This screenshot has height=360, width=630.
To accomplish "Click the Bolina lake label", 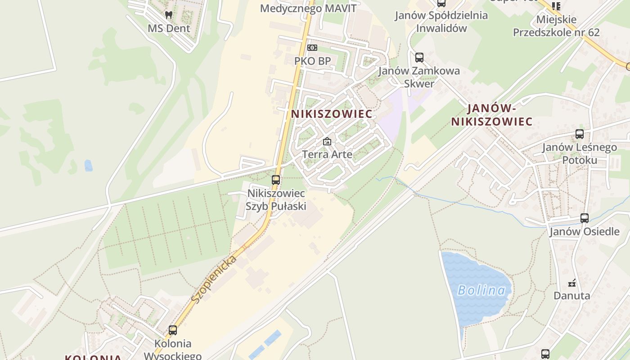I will click(481, 290).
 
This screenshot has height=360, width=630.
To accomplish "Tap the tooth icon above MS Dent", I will click(169, 15).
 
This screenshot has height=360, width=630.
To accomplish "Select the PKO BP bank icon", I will click(312, 48).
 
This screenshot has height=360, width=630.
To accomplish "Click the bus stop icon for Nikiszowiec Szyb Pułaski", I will click(276, 180).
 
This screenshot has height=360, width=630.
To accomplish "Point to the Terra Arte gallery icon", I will click(327, 142).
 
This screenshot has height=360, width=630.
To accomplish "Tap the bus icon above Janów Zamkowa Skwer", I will click(419, 58).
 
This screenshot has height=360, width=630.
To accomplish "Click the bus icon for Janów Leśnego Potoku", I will click(580, 134).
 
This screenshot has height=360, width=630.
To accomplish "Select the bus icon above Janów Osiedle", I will click(585, 218).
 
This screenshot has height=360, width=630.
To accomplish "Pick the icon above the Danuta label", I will click(572, 283).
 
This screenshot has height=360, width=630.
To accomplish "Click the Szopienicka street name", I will click(214, 279).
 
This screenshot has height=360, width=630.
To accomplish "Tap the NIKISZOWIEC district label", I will click(332, 114).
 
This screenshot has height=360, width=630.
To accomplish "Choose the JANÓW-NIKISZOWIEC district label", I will click(492, 115).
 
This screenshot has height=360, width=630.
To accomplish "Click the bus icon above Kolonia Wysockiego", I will click(173, 330).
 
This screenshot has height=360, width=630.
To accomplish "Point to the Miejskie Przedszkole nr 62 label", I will click(556, 26).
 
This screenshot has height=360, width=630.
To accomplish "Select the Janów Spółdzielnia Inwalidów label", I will click(441, 22).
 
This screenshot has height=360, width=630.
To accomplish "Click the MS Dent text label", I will click(169, 28).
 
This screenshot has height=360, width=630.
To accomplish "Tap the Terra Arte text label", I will click(327, 155).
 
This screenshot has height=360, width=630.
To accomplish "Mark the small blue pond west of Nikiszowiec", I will click(88, 166).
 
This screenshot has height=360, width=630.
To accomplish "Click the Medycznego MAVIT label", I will click(308, 9).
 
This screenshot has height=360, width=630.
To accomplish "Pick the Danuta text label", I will click(571, 296).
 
